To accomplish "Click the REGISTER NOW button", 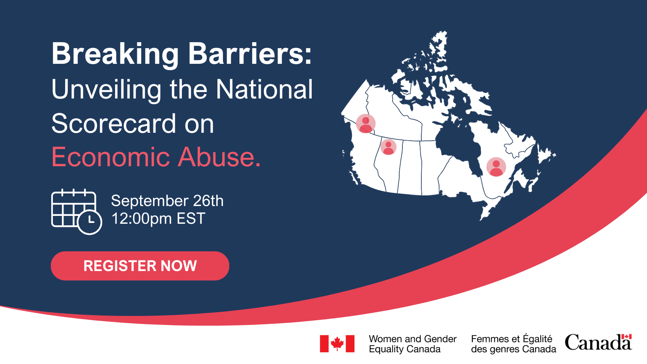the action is [140, 266].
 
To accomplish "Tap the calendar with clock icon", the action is [77, 212].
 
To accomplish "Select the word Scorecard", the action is [114, 123].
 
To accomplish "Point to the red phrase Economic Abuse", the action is [156, 157].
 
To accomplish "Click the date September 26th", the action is [167, 201].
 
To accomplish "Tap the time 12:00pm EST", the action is [158, 218].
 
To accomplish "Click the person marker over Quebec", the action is [496, 167].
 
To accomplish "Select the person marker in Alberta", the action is [388, 147].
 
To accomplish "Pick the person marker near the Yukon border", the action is [366, 123].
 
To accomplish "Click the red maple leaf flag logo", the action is [337, 344].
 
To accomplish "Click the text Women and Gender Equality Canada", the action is [413, 344].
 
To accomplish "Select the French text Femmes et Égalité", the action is [512, 339].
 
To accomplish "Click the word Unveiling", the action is [106, 90].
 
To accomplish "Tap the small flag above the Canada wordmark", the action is [626, 337].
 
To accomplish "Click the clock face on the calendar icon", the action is [90, 222].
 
